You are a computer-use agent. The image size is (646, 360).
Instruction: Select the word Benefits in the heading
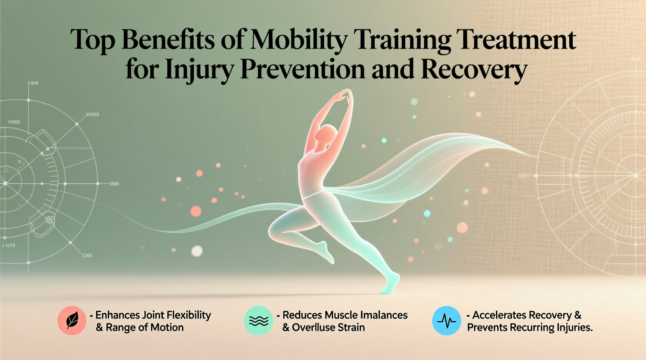168,40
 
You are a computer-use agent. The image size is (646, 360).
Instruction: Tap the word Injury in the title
199,70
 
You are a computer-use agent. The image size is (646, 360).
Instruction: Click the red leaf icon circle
72,320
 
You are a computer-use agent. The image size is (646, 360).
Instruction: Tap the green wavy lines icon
258,320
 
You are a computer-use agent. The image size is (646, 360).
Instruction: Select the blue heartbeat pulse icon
446,320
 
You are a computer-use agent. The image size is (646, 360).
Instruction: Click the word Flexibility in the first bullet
188,315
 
